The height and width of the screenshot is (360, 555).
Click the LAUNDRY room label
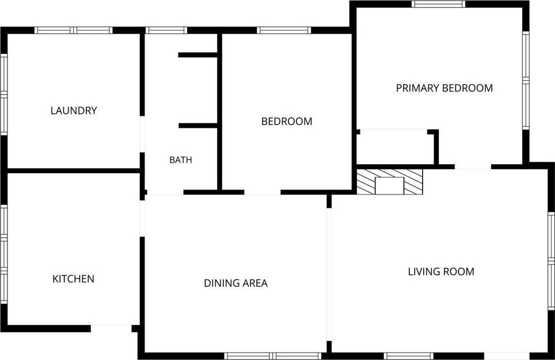74,111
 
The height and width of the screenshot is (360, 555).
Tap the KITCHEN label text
73,279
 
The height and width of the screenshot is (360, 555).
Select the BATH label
181,160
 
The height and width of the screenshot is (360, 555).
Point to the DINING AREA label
235,283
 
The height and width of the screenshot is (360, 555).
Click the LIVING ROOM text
441,271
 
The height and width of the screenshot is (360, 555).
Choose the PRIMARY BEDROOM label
444,88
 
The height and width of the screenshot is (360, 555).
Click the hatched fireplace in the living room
389,181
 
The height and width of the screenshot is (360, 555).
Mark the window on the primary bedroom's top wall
439,4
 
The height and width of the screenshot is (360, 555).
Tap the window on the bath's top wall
166,30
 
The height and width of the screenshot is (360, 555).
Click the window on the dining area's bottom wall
272,356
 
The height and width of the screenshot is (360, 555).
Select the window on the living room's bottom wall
408,356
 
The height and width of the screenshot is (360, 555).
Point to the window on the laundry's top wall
73,30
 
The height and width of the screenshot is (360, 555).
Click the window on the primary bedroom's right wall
526,81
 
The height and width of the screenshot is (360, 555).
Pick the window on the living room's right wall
551,262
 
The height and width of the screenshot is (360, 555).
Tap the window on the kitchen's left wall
3,254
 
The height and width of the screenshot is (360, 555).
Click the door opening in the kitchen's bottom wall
111,328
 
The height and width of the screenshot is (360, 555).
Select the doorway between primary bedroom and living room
473,166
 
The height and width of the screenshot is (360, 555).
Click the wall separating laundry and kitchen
74,171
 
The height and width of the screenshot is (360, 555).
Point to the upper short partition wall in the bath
197,55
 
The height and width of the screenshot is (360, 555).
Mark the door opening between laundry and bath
142,134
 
